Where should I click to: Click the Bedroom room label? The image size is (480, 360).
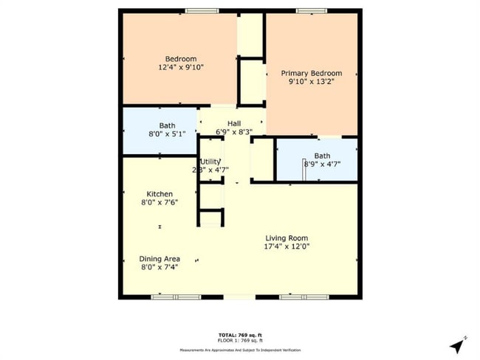[x=180, y=59]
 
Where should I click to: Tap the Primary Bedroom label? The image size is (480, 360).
[x=311, y=73]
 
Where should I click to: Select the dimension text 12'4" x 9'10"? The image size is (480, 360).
[x=180, y=67]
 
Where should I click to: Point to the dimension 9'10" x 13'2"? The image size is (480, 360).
[x=311, y=82]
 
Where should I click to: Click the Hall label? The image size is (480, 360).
[x=234, y=123]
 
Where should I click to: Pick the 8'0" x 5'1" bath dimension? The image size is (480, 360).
[x=167, y=134]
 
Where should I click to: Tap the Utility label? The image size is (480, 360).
[x=210, y=161]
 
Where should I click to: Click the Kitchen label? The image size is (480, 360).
[x=160, y=194]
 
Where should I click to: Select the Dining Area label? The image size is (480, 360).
[x=160, y=258]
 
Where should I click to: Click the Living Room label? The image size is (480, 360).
[x=287, y=238]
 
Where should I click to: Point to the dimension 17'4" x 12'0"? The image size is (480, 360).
[x=287, y=247]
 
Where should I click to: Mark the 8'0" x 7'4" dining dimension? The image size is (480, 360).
[x=160, y=267]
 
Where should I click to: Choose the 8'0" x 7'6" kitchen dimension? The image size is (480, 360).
[x=160, y=203]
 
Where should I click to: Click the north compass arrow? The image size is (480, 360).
[x=458, y=345]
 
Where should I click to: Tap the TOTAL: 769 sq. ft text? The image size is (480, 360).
[x=239, y=335]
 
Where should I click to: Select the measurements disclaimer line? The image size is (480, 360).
[x=239, y=349]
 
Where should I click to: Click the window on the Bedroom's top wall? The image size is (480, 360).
[x=196, y=10]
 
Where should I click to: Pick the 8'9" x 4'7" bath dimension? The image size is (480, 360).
[x=322, y=165]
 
